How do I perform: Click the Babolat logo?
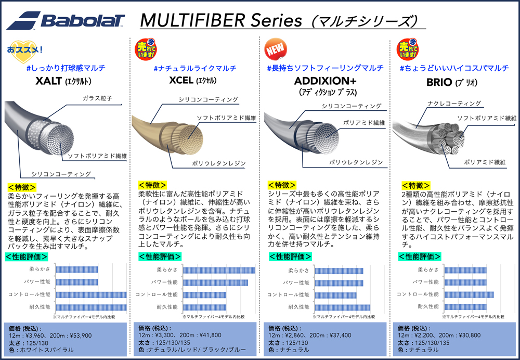66,20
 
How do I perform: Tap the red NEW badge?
275,49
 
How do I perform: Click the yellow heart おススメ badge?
25,51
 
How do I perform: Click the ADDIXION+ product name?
325,81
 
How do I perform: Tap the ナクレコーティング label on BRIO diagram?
454,104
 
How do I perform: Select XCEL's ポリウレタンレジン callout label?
219,163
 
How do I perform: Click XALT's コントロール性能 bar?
91,294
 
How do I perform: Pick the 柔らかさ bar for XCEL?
219,271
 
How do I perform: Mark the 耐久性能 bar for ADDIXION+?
343,307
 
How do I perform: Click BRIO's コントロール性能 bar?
469,294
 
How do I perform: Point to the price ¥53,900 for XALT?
77,336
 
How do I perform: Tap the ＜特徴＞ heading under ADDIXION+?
282,185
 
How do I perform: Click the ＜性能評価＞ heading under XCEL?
160,256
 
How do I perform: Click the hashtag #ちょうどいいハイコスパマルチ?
454,68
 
